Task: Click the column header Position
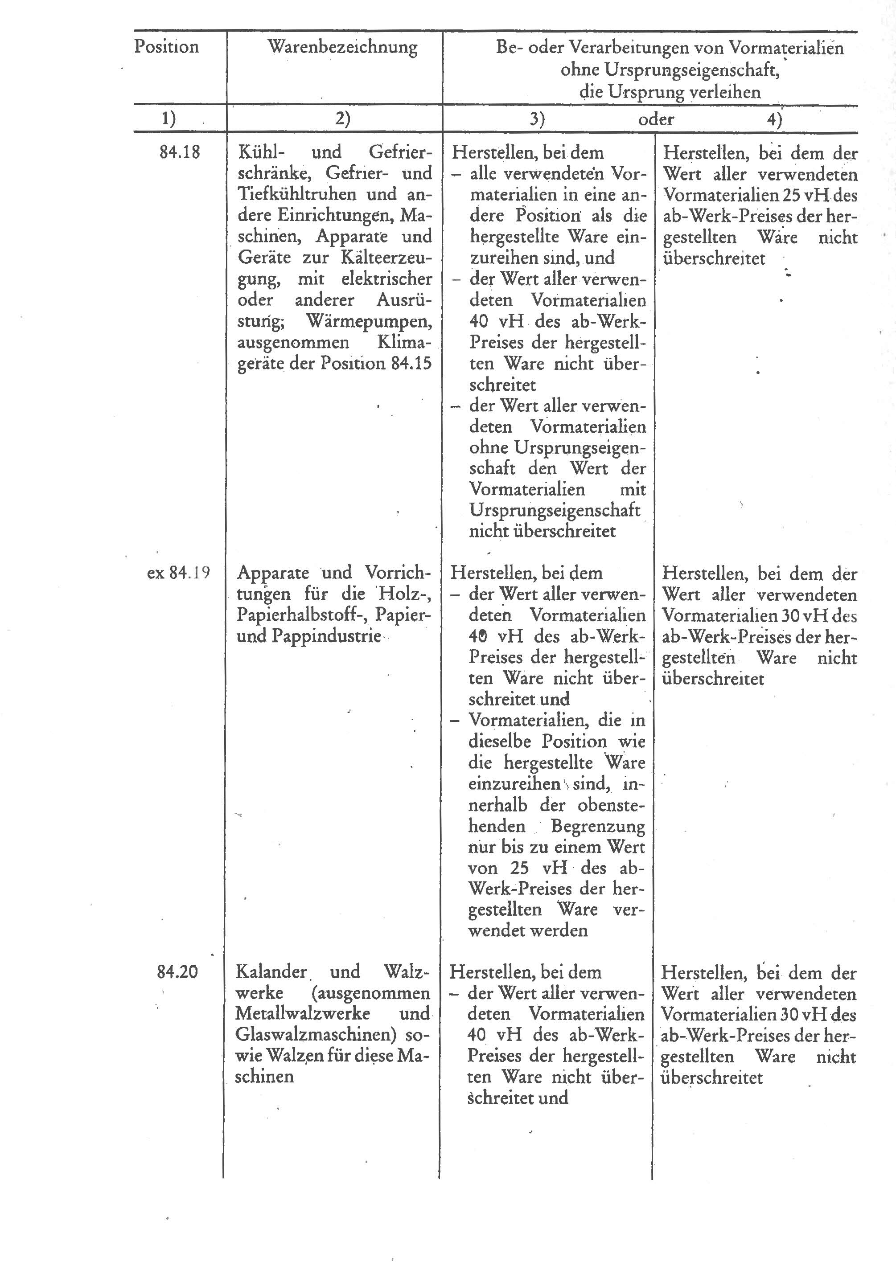click(x=166, y=47)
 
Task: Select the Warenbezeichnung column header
click(x=343, y=47)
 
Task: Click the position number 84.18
click(x=179, y=152)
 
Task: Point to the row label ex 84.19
click(x=178, y=573)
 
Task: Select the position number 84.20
click(x=177, y=971)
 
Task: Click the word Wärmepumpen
click(x=369, y=320)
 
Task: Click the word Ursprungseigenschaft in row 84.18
click(x=555, y=510)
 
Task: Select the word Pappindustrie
click(x=326, y=636)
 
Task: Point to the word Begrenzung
click(x=597, y=826)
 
